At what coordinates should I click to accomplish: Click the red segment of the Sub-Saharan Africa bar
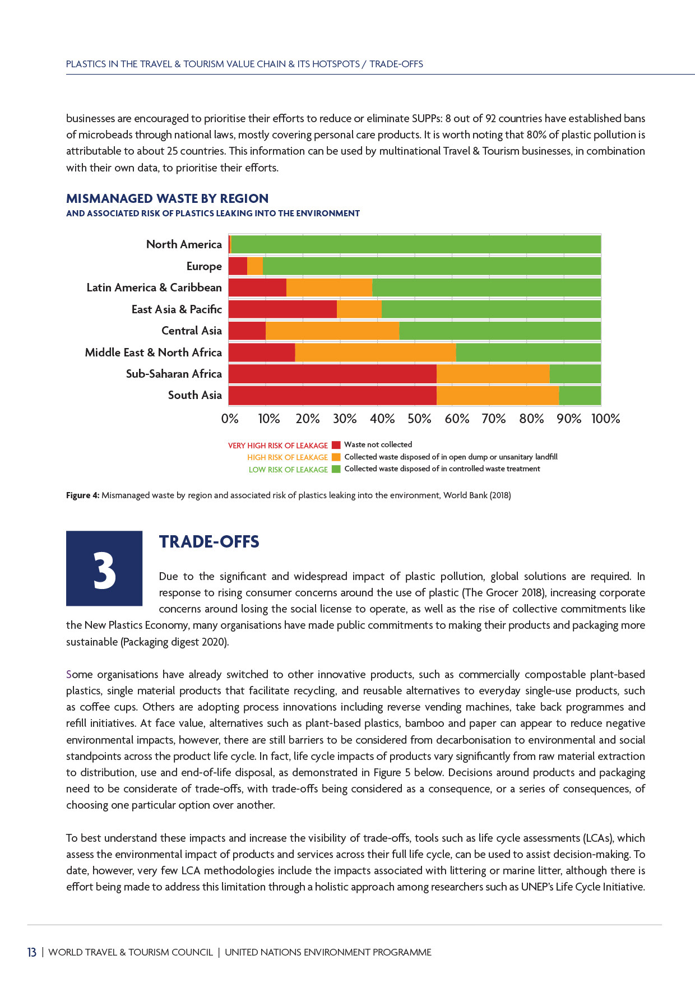point(332,374)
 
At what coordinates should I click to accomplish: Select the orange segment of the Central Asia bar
point(332,331)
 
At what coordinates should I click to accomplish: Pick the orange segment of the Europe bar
point(255,266)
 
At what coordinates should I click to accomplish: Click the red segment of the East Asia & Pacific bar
point(282,309)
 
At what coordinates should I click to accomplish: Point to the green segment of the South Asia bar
point(580,396)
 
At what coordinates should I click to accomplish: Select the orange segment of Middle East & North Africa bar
point(376,353)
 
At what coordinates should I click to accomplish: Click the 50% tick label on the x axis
point(419,419)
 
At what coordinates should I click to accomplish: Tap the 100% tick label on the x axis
point(605,419)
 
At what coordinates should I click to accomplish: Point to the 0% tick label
point(230,419)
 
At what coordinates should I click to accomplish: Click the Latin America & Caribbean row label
point(154,288)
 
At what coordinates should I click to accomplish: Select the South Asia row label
point(195,395)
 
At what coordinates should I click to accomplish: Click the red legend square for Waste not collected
point(336,446)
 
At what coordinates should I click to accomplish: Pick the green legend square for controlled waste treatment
point(336,469)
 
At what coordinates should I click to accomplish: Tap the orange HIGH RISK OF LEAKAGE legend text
point(288,457)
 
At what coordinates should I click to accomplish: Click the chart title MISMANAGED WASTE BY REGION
point(167,198)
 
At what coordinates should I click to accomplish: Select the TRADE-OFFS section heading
point(209,542)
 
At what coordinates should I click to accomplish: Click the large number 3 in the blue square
point(104,570)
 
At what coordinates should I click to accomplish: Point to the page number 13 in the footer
point(32,952)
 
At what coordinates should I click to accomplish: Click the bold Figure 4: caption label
point(83,495)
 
